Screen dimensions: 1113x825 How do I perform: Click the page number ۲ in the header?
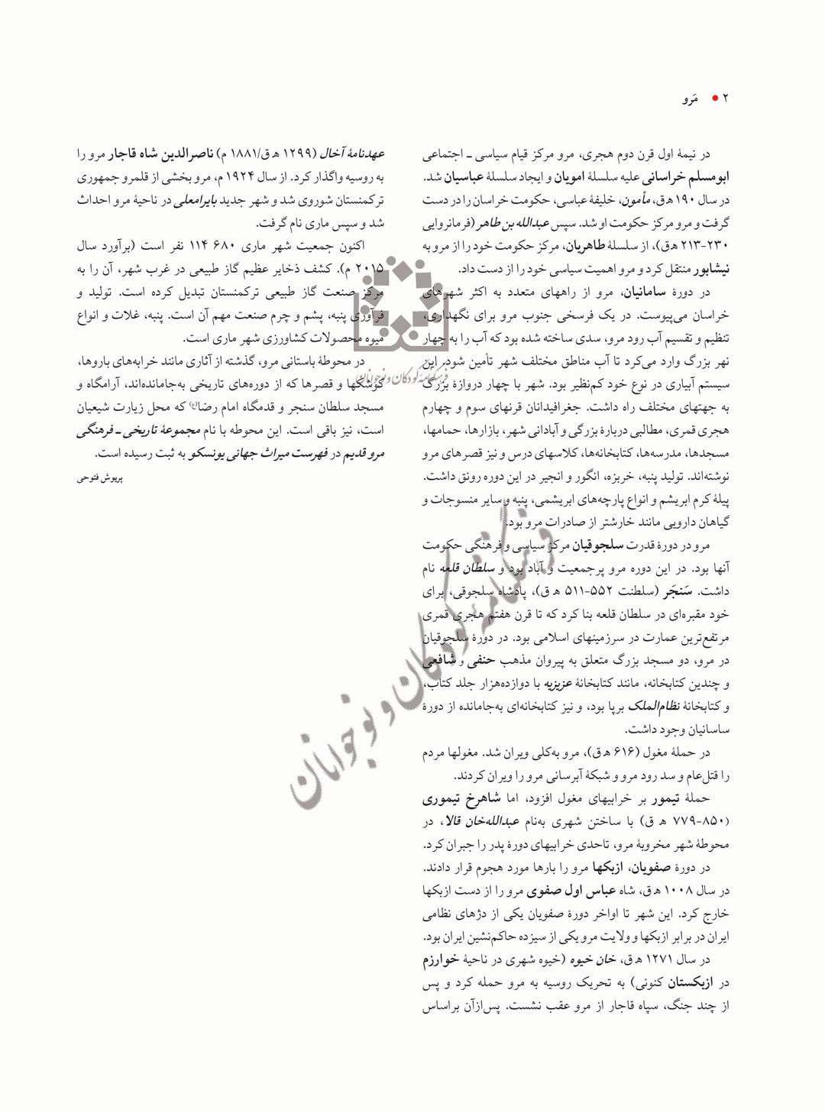coord(726,99)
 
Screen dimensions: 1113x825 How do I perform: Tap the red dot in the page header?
coord(714,99)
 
